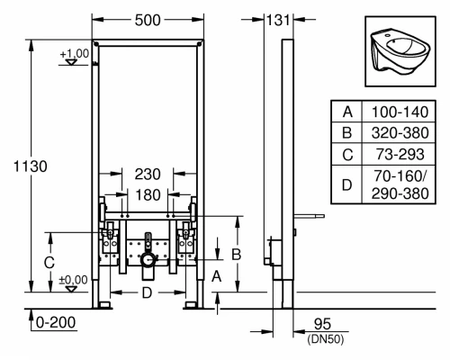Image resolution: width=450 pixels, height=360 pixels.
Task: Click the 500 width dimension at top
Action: (148, 19)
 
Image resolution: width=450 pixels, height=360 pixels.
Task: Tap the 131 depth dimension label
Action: (279, 19)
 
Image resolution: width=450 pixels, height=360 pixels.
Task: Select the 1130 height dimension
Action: (25, 166)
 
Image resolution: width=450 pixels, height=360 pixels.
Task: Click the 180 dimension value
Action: (148, 194)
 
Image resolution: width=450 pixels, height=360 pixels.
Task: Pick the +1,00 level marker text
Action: (74, 55)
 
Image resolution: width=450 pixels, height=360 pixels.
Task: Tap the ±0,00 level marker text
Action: (75, 279)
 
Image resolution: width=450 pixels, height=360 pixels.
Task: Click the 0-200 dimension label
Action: (52, 321)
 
